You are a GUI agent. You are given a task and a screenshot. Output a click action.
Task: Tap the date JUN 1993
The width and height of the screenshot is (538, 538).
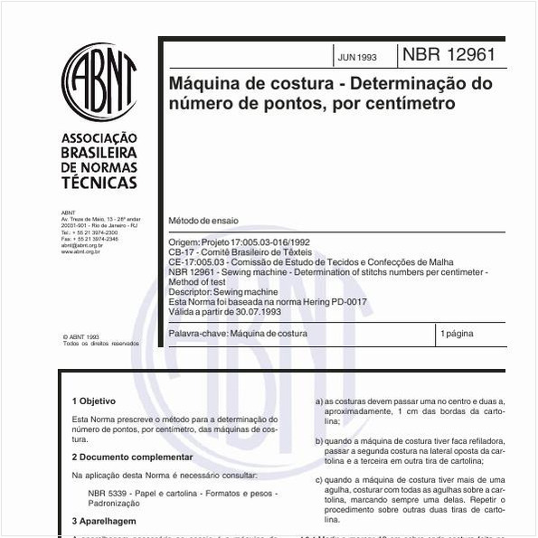357,56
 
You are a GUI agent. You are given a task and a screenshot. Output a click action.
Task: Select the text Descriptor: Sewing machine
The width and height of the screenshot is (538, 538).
222,291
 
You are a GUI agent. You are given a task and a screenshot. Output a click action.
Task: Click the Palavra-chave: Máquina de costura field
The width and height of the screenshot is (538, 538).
238,334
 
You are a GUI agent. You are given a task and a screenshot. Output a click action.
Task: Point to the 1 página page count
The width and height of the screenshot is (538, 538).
456,334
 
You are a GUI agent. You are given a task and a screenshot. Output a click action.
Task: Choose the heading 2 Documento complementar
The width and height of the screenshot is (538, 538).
132,458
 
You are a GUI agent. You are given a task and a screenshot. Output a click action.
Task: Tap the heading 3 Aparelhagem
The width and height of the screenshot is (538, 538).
104,522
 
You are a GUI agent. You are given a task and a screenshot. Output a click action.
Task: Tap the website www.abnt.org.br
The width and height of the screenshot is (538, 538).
80,251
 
